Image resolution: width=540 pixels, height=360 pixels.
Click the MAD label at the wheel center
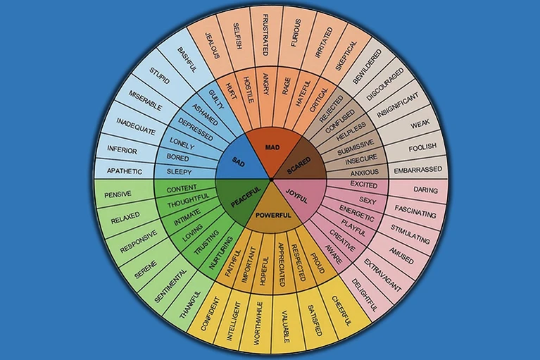click(x=270, y=147)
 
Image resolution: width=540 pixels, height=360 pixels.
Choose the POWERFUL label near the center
click(x=270, y=215)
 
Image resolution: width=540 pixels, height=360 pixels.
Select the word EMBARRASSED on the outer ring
click(x=418, y=169)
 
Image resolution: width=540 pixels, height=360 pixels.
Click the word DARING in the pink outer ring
click(x=426, y=190)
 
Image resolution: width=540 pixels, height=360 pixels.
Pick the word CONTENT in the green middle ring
click(x=182, y=189)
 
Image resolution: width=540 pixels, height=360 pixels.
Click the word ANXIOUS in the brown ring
click(x=363, y=171)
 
